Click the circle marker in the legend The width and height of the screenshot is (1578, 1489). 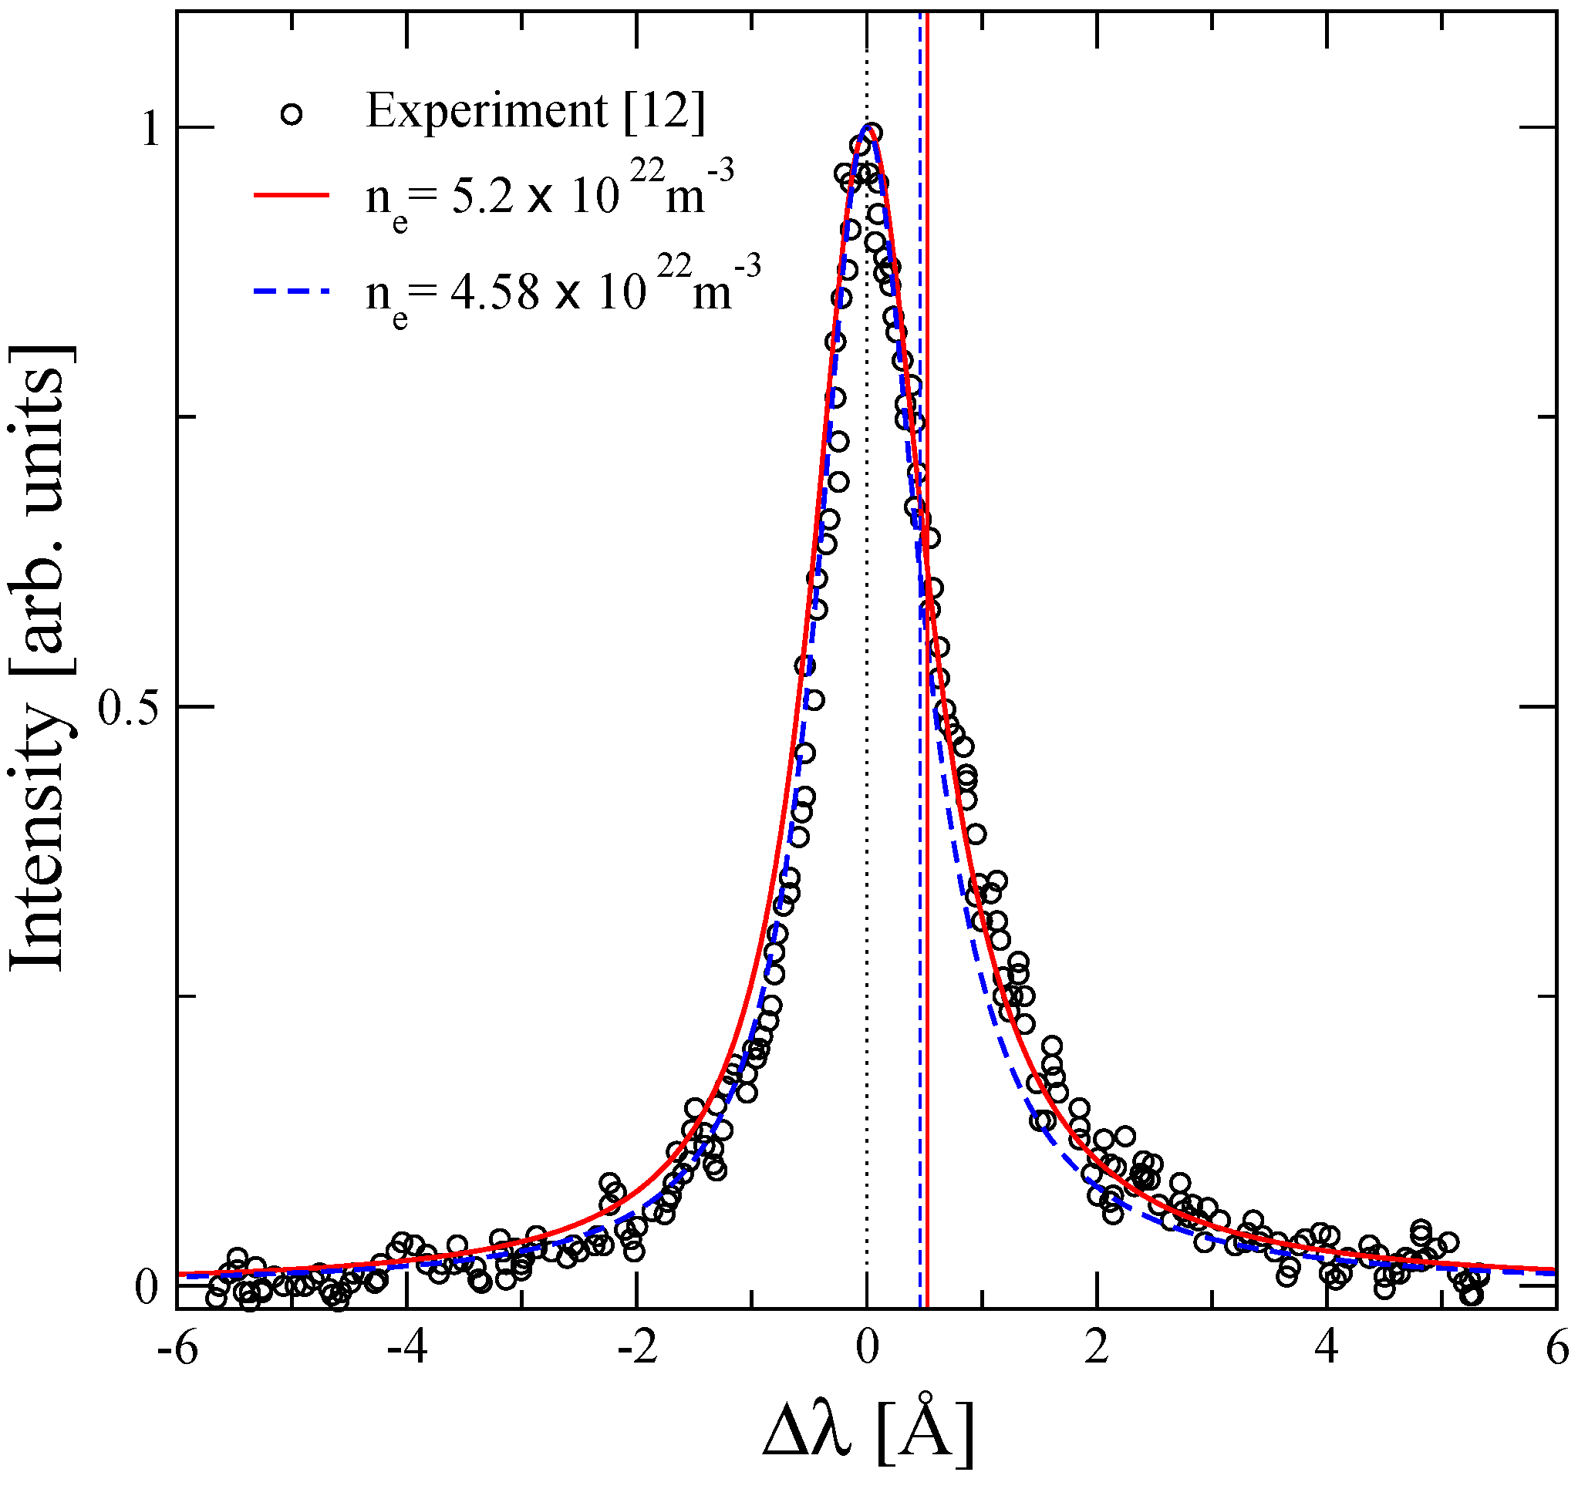[292, 114]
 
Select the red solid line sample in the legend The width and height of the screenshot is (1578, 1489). [292, 194]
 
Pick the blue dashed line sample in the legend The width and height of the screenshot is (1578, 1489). [292, 292]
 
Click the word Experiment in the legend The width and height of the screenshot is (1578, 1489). [486, 111]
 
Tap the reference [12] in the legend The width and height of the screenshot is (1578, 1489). [664, 111]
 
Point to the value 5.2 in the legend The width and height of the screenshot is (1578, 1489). [482, 196]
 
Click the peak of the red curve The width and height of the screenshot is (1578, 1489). [870, 129]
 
